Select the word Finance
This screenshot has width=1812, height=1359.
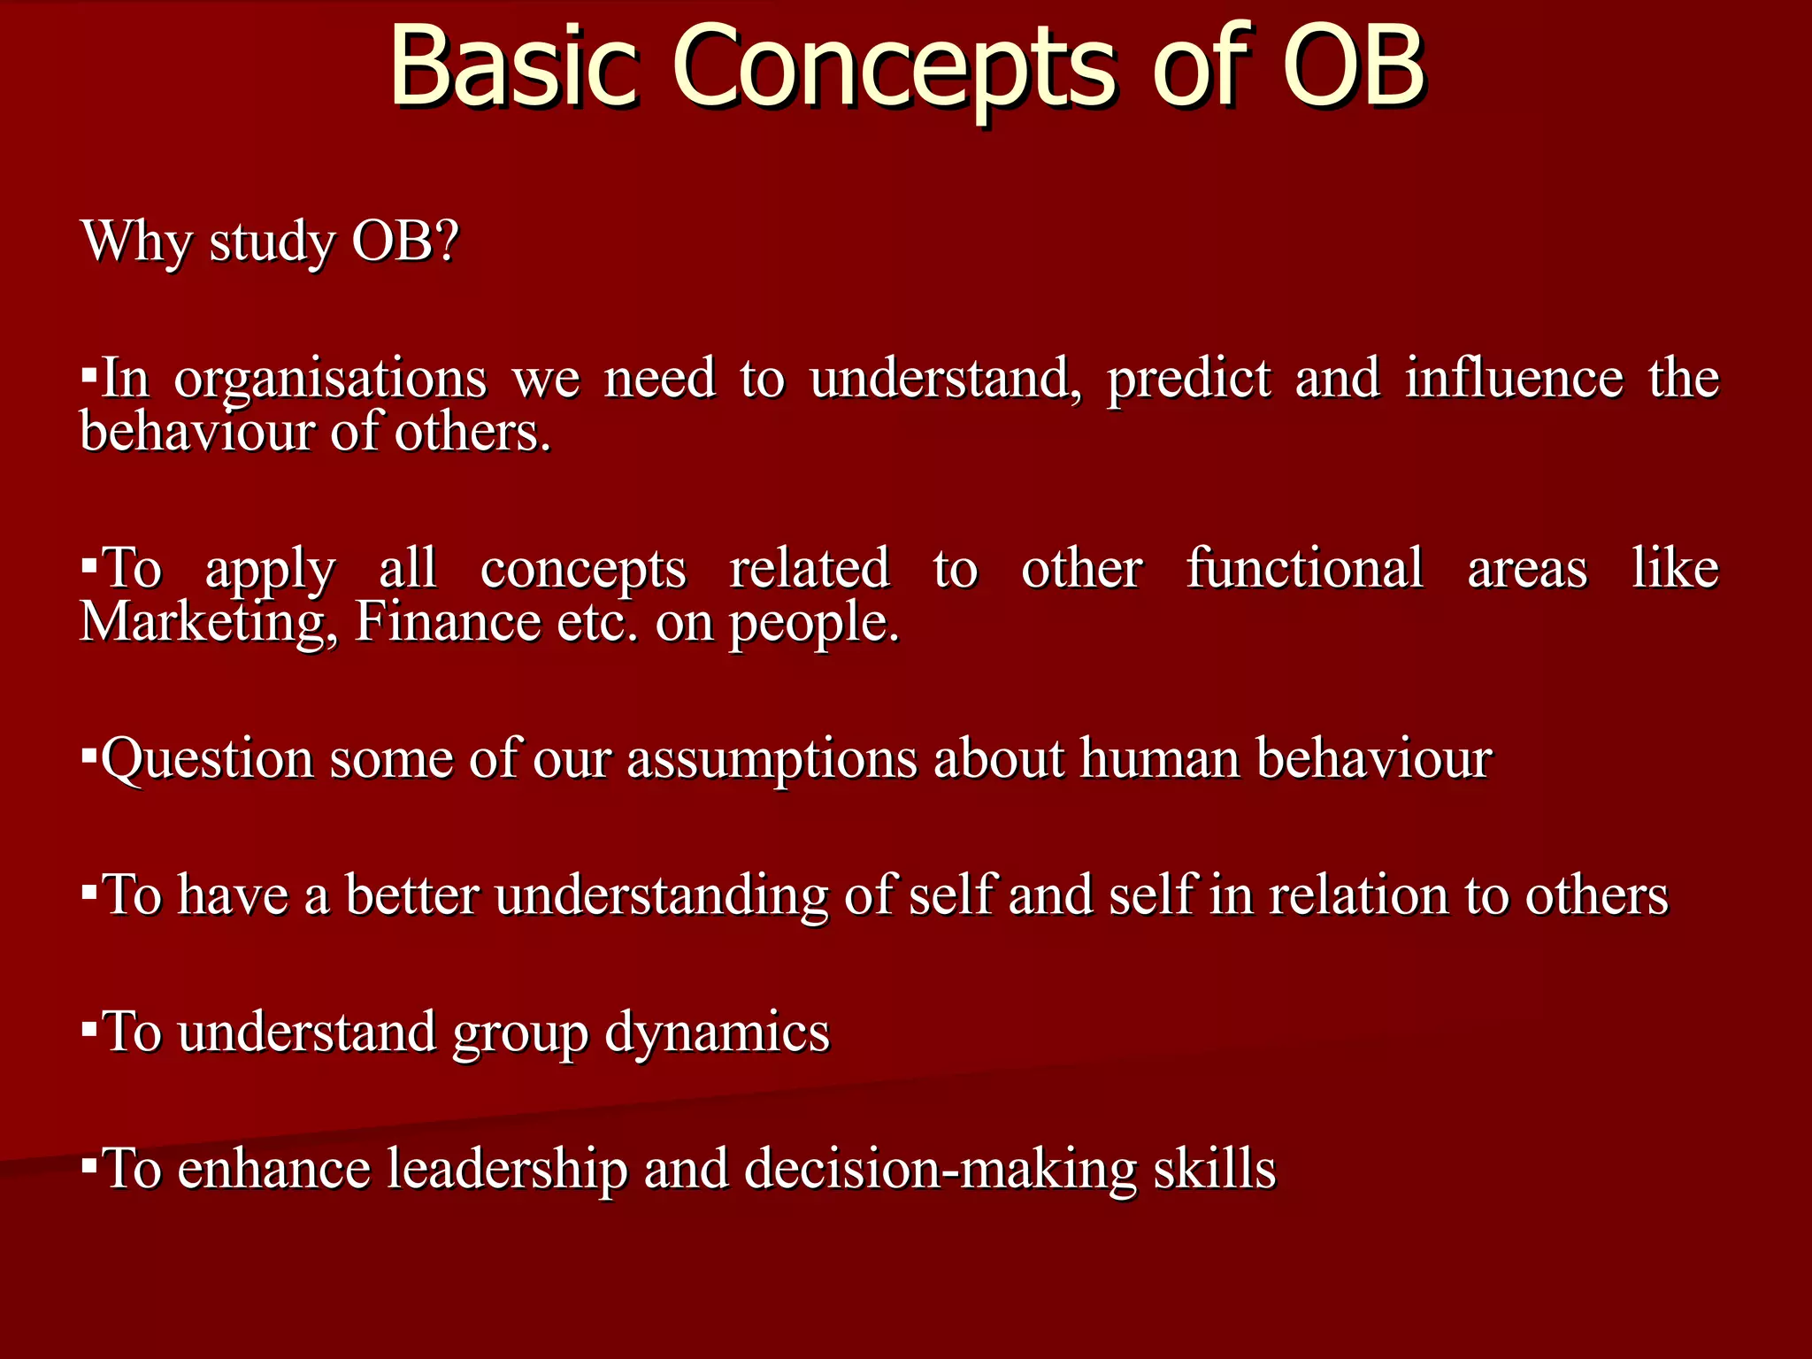coord(447,621)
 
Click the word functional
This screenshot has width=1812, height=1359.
coord(1305,568)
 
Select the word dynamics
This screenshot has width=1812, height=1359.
coord(717,1033)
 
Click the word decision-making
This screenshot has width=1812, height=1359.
coord(940,1170)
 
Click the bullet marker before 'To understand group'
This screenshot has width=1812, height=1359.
coord(88,1029)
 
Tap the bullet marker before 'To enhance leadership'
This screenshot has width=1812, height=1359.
coord(88,1165)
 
